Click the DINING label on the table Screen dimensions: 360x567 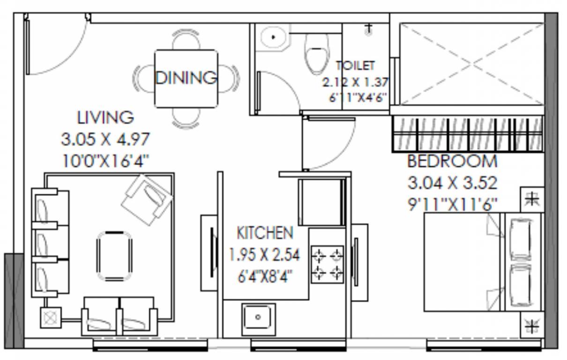[186, 77]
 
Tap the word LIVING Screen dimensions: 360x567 [105, 117]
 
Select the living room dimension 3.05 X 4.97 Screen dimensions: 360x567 [105, 139]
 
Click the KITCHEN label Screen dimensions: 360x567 [265, 233]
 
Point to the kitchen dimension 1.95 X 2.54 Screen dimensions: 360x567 [264, 255]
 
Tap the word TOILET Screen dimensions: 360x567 [355, 66]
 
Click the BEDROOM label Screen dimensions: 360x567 [452, 161]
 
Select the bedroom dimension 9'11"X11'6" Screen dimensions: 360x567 [452, 204]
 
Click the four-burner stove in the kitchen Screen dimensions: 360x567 [327, 264]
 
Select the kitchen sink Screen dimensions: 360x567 [258, 317]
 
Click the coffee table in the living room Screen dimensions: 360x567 [114, 256]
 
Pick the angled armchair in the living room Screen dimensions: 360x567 [147, 196]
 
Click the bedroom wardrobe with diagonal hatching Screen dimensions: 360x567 [467, 134]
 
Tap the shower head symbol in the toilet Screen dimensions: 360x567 [369, 30]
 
